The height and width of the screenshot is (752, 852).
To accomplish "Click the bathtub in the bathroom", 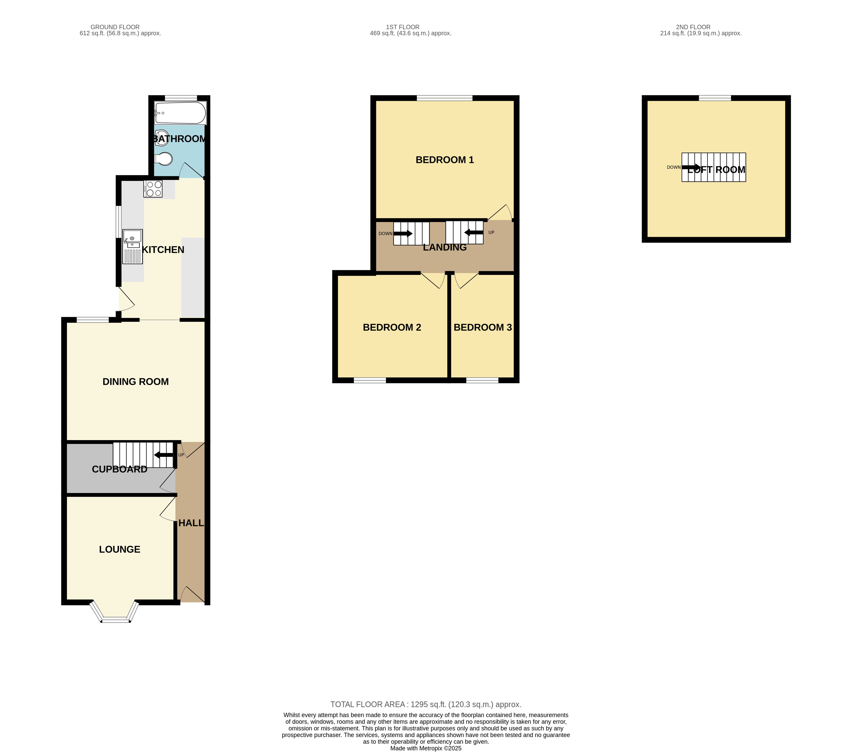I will [x=180, y=113].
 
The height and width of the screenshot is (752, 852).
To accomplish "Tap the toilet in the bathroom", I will [x=164, y=159].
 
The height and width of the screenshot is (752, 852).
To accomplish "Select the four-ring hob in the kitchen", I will [x=153, y=188].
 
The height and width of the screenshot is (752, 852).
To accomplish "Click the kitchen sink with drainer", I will [x=133, y=247].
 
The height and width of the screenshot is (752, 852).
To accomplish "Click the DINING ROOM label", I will [x=136, y=382].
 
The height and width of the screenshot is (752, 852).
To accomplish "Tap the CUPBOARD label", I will [x=119, y=469].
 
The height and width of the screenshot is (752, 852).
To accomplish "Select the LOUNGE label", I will [x=120, y=549].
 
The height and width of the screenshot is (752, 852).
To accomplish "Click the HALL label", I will [x=191, y=523].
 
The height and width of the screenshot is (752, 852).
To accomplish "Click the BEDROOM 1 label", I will [x=445, y=160].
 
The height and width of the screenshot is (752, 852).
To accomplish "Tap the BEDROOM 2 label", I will [x=392, y=327].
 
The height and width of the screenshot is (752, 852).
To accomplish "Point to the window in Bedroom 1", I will [x=444, y=98].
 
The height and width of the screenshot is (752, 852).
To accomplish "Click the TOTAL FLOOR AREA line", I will [x=426, y=704].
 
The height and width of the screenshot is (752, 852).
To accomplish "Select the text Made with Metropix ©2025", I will [x=426, y=748].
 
